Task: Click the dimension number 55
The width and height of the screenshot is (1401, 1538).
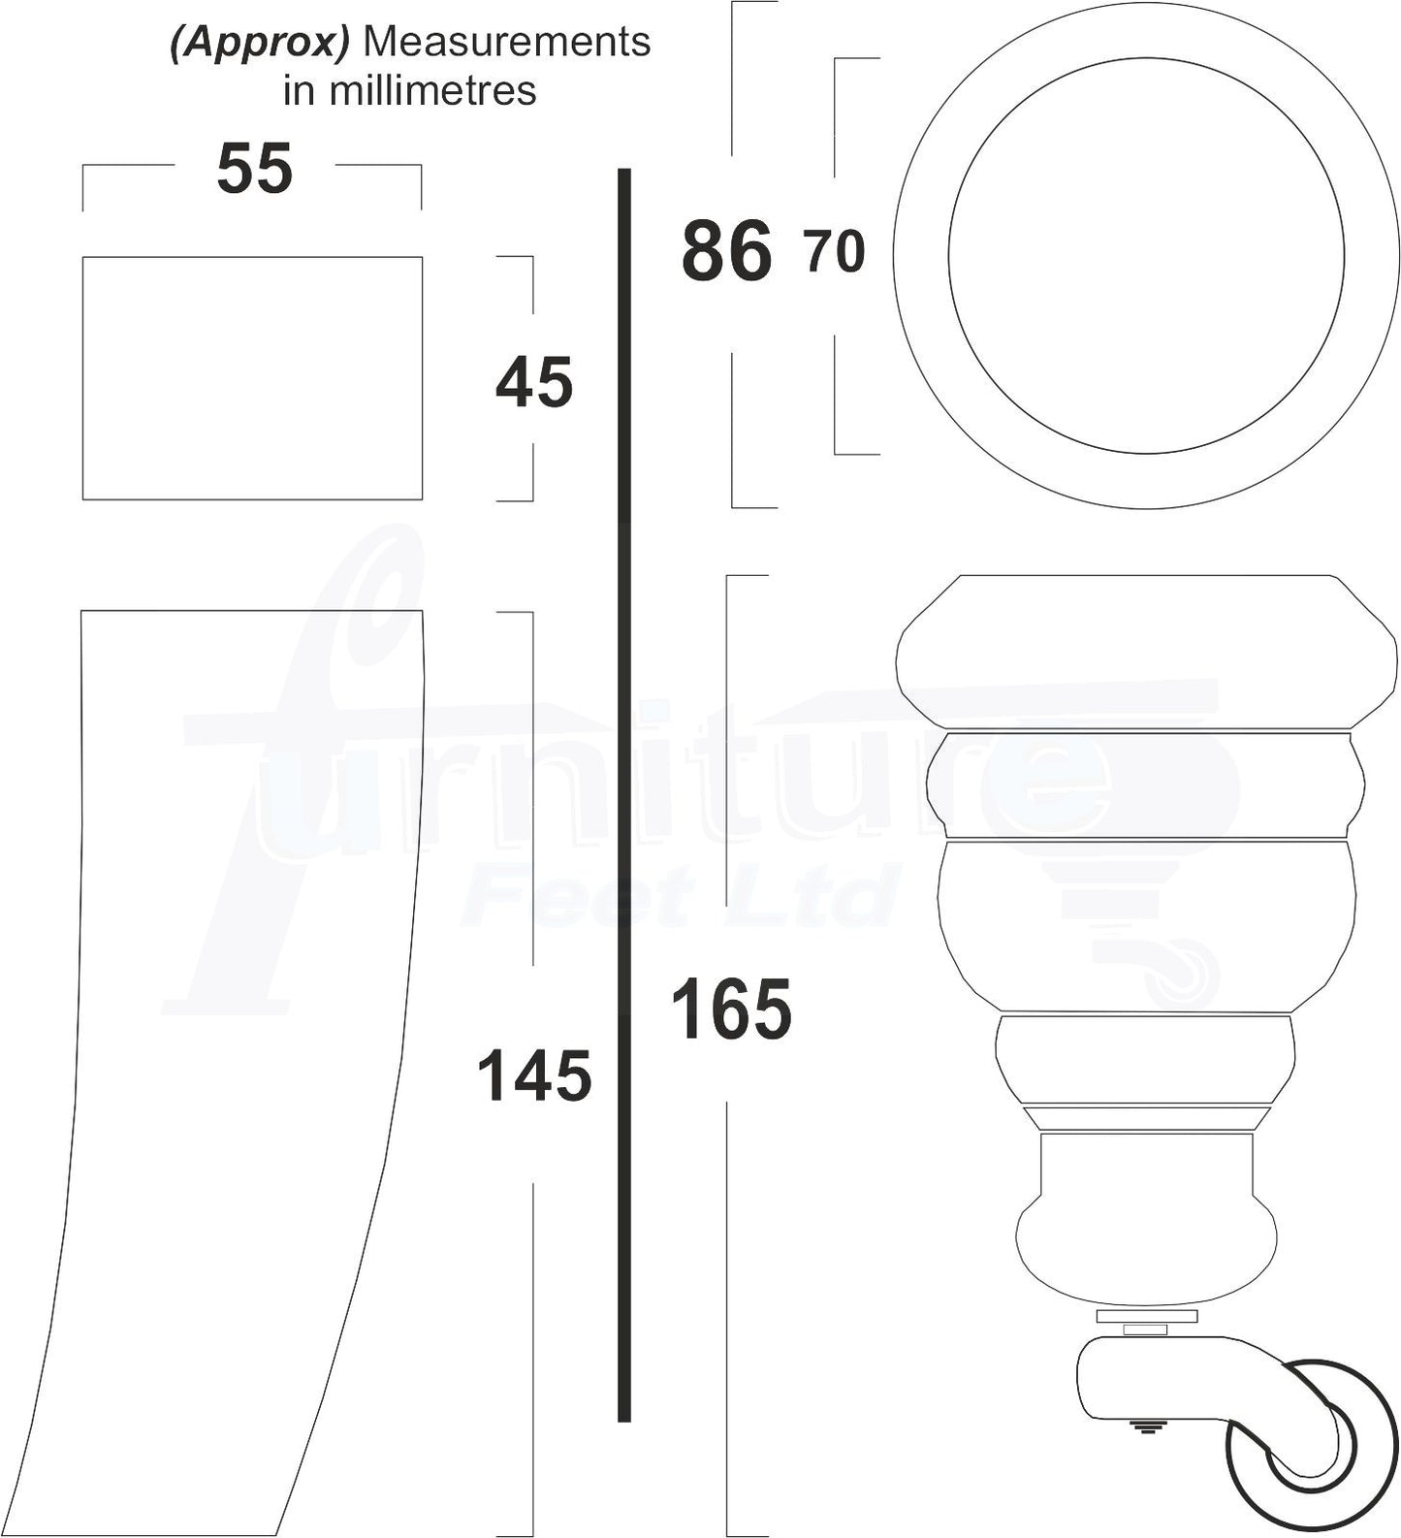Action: [x=254, y=170]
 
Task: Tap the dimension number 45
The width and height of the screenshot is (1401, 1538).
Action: [x=534, y=383]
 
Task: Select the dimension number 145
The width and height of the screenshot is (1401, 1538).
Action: [x=534, y=1076]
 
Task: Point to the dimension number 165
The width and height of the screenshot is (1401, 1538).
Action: [x=731, y=1009]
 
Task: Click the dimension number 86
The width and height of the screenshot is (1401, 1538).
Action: [x=727, y=251]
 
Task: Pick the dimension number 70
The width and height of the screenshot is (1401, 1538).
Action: [x=835, y=252]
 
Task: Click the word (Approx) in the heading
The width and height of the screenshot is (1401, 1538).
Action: [x=259, y=44]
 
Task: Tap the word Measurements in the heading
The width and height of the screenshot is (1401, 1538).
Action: [x=505, y=42]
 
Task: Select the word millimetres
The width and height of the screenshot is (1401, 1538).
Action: [x=432, y=90]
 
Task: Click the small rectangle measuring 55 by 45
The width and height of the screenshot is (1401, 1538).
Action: [x=252, y=378]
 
